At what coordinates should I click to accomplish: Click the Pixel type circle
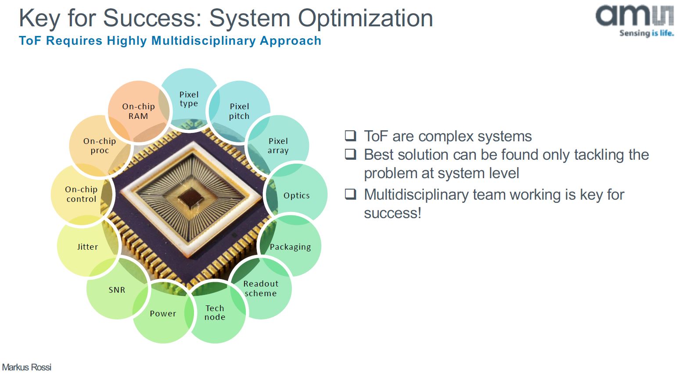click(x=189, y=99)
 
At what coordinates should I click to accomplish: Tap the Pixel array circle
click(x=278, y=146)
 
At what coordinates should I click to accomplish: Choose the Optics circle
click(x=297, y=195)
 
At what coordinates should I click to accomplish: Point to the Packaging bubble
click(x=291, y=247)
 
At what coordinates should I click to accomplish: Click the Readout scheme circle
click(x=261, y=288)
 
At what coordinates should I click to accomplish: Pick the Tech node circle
click(x=215, y=312)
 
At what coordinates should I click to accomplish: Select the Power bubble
click(x=163, y=313)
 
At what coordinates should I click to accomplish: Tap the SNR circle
click(x=117, y=290)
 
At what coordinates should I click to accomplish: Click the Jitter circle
click(x=87, y=247)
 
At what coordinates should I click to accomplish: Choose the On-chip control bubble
click(x=81, y=194)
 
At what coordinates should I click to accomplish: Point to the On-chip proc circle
click(x=100, y=146)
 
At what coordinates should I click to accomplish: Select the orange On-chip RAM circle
click(x=138, y=111)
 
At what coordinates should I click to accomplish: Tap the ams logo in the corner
click(x=634, y=20)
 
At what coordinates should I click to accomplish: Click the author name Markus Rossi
click(x=27, y=367)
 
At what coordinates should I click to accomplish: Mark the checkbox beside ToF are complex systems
click(x=350, y=136)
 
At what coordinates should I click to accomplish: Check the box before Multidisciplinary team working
click(x=350, y=194)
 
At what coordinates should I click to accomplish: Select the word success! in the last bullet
click(x=392, y=213)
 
